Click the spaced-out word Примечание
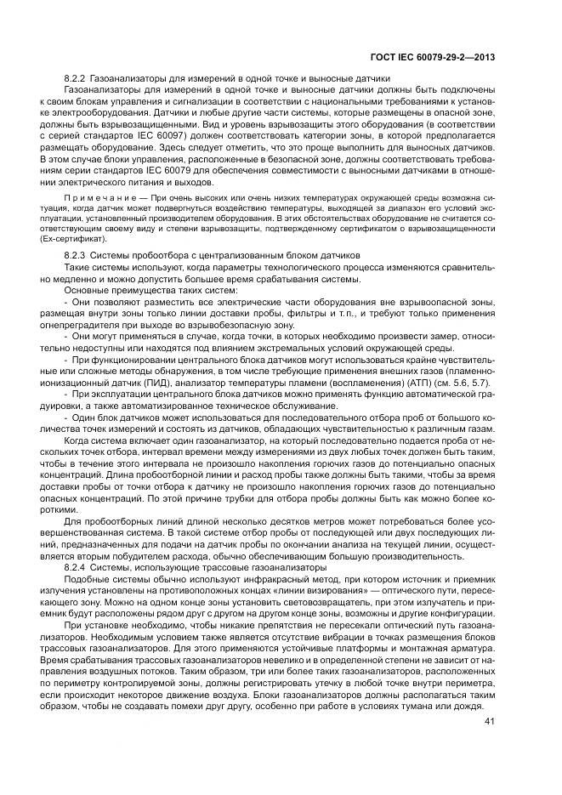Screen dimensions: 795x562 94,198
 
